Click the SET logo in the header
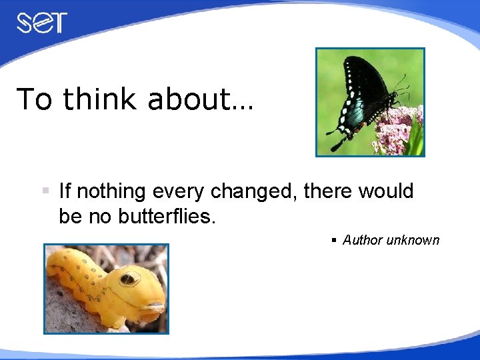(x=42, y=23)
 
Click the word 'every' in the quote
(x=180, y=192)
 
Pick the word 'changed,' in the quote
(x=254, y=192)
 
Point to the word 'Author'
(x=365, y=240)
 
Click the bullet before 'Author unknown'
(x=335, y=240)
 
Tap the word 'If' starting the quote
(x=65, y=192)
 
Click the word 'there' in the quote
(x=327, y=192)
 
